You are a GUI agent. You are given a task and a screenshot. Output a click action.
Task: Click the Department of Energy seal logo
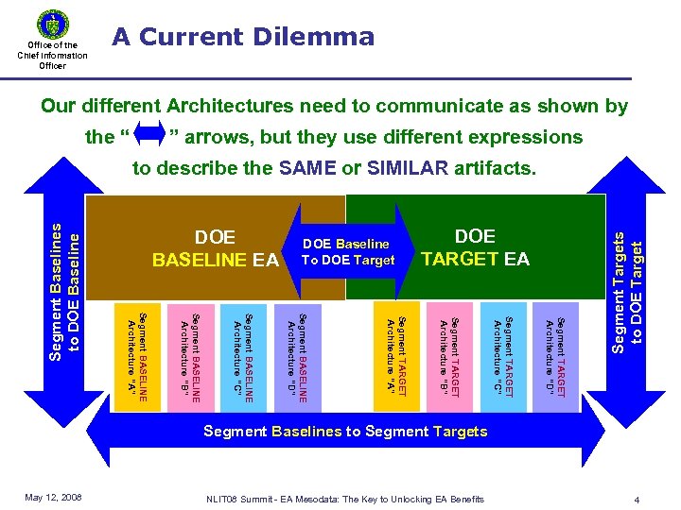click(52, 23)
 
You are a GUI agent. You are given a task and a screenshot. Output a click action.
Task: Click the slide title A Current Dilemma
click(243, 37)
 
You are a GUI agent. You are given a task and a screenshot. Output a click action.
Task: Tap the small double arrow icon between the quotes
click(151, 136)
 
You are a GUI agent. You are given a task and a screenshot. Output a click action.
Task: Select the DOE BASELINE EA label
click(215, 248)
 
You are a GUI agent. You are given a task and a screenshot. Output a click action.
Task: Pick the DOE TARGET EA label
click(475, 246)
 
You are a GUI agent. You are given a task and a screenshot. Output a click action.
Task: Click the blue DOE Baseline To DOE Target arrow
click(346, 251)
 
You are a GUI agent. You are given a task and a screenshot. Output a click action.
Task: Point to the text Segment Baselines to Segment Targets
click(346, 432)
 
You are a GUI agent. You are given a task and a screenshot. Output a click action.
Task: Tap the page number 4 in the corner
click(639, 499)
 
